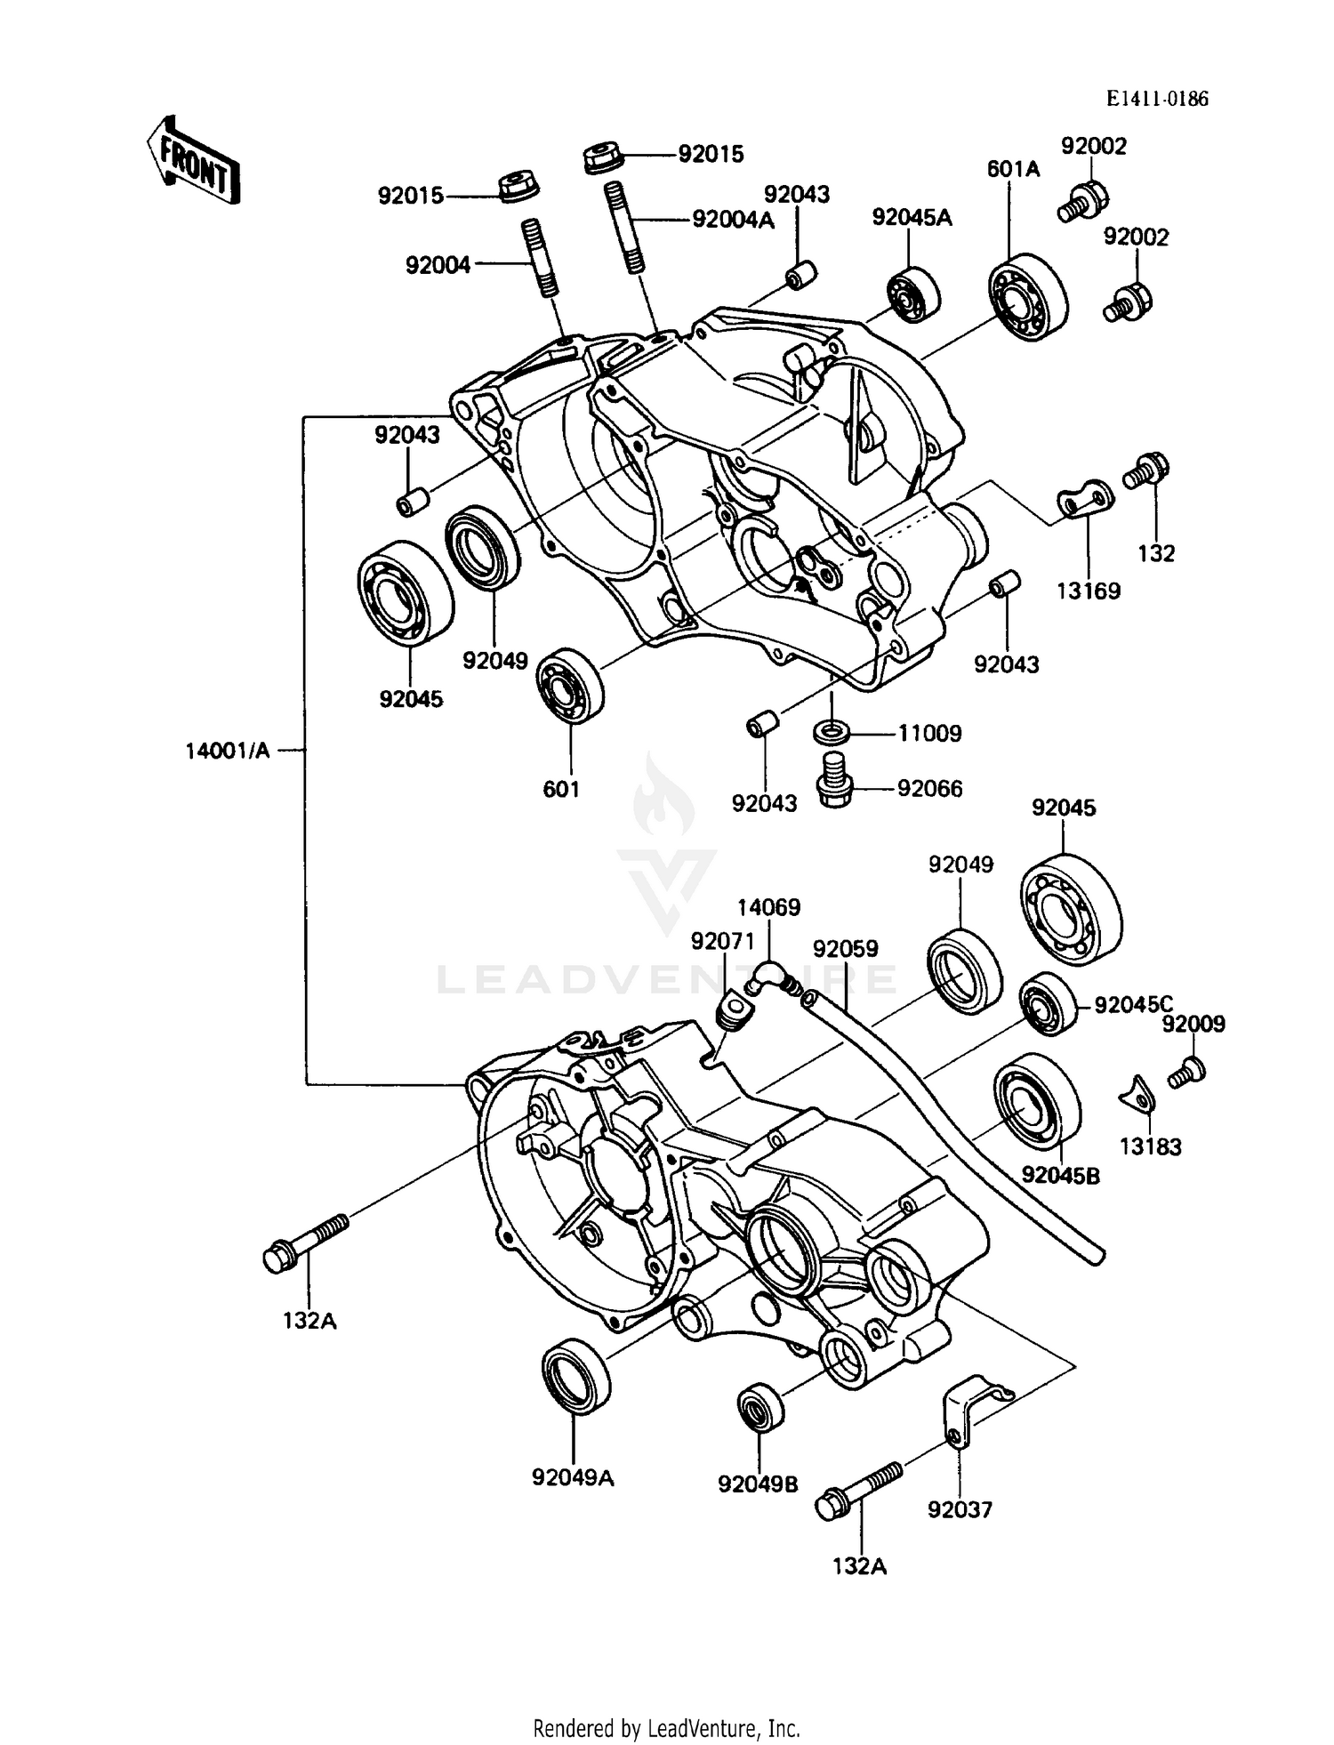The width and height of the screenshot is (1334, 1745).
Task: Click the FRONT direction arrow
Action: (x=192, y=160)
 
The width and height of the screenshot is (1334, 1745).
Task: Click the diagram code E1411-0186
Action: (x=1157, y=99)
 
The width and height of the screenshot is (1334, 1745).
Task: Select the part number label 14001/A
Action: (x=228, y=751)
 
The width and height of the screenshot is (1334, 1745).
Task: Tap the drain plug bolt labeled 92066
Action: (x=834, y=777)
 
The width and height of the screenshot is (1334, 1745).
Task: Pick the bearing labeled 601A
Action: (x=1027, y=295)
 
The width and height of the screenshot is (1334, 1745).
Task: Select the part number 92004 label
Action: (x=438, y=265)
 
